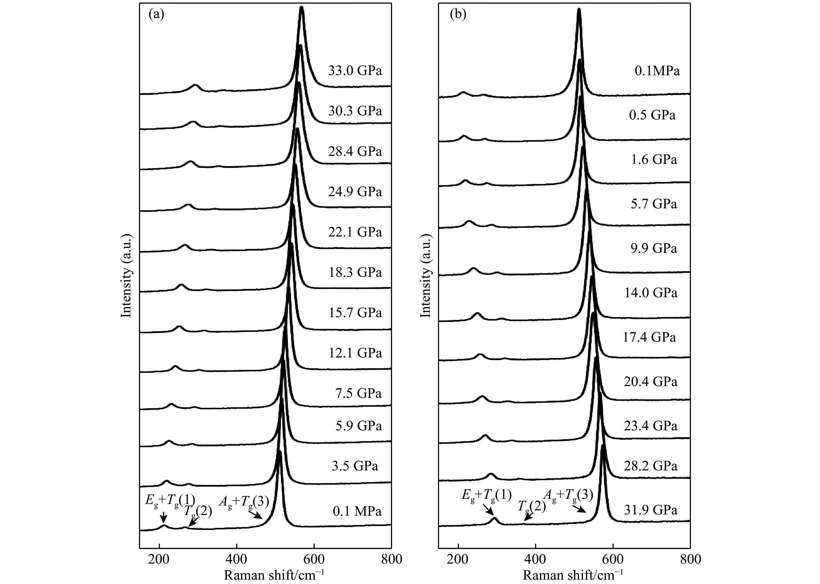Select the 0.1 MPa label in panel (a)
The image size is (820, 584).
pyautogui.click(x=357, y=511)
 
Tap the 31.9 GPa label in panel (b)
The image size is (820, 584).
pyautogui.click(x=651, y=510)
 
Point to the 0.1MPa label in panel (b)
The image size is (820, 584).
pyautogui.click(x=657, y=71)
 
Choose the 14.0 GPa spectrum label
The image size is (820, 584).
pyautogui.click(x=651, y=293)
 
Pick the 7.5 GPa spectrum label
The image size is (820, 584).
pyautogui.click(x=358, y=393)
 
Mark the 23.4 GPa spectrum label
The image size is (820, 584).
pyautogui.click(x=651, y=426)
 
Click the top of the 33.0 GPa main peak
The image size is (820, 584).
pyautogui.click(x=302, y=8)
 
